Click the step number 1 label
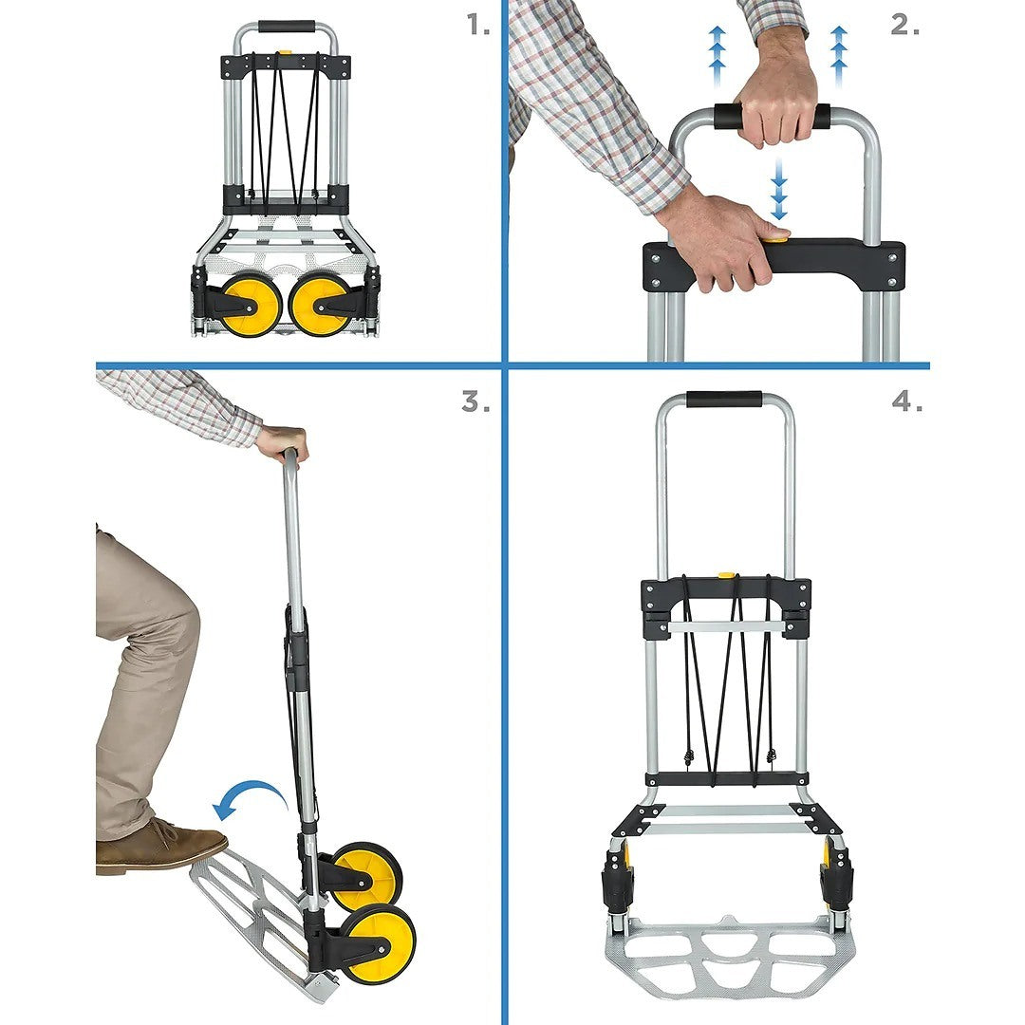click(x=477, y=26)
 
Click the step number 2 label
click(x=904, y=26)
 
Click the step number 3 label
click(x=475, y=401)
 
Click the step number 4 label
click(x=906, y=401)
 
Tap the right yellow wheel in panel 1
click(x=320, y=305)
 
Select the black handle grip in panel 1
click(x=286, y=27)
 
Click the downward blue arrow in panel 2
click(x=779, y=189)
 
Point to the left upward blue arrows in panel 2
click(x=717, y=55)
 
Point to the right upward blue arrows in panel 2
click(x=838, y=55)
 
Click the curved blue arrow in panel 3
click(x=250, y=798)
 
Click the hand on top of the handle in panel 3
click(x=283, y=441)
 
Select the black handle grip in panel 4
click(x=723, y=399)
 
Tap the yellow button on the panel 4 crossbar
click(x=726, y=576)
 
